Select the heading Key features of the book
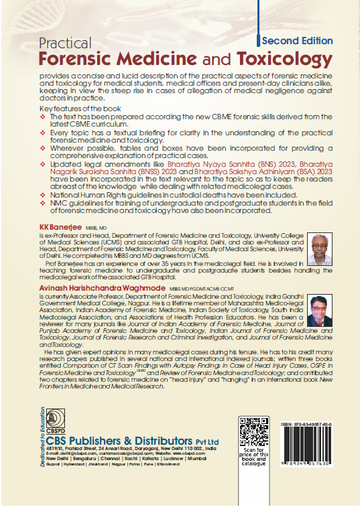pyautogui.click(x=81, y=108)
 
